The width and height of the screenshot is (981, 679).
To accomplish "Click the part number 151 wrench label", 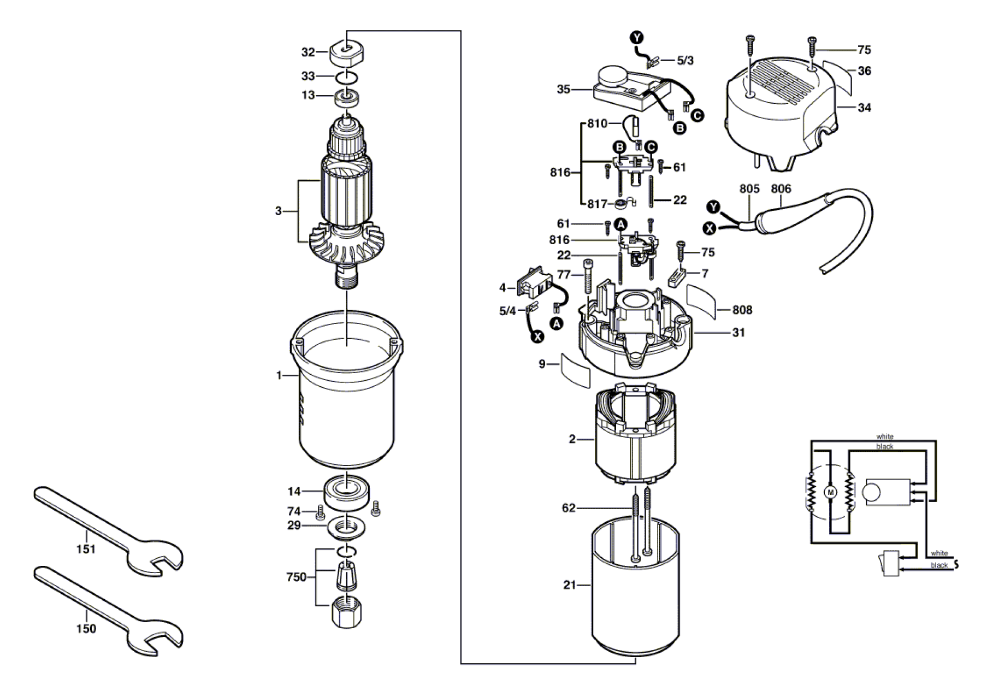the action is point(86,549).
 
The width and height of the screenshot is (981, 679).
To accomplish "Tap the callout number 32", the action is point(308,52).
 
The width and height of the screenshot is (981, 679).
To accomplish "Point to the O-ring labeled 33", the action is point(347,77).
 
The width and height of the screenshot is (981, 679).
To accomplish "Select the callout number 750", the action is point(296,577).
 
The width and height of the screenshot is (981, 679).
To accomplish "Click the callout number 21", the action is point(570,585).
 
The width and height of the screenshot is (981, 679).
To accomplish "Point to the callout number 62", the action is point(569,508).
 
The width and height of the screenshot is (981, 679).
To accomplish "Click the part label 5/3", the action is point(685,61).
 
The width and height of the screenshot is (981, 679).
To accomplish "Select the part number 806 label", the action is point(781,189).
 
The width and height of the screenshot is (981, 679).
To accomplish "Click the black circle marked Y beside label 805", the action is point(713,206).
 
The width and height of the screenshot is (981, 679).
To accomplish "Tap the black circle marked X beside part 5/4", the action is point(538,337).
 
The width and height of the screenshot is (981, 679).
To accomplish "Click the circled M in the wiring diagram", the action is point(831,493).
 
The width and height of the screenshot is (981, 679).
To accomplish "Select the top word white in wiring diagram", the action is point(885,436).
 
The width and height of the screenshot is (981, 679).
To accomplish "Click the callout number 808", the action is point(742,310).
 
